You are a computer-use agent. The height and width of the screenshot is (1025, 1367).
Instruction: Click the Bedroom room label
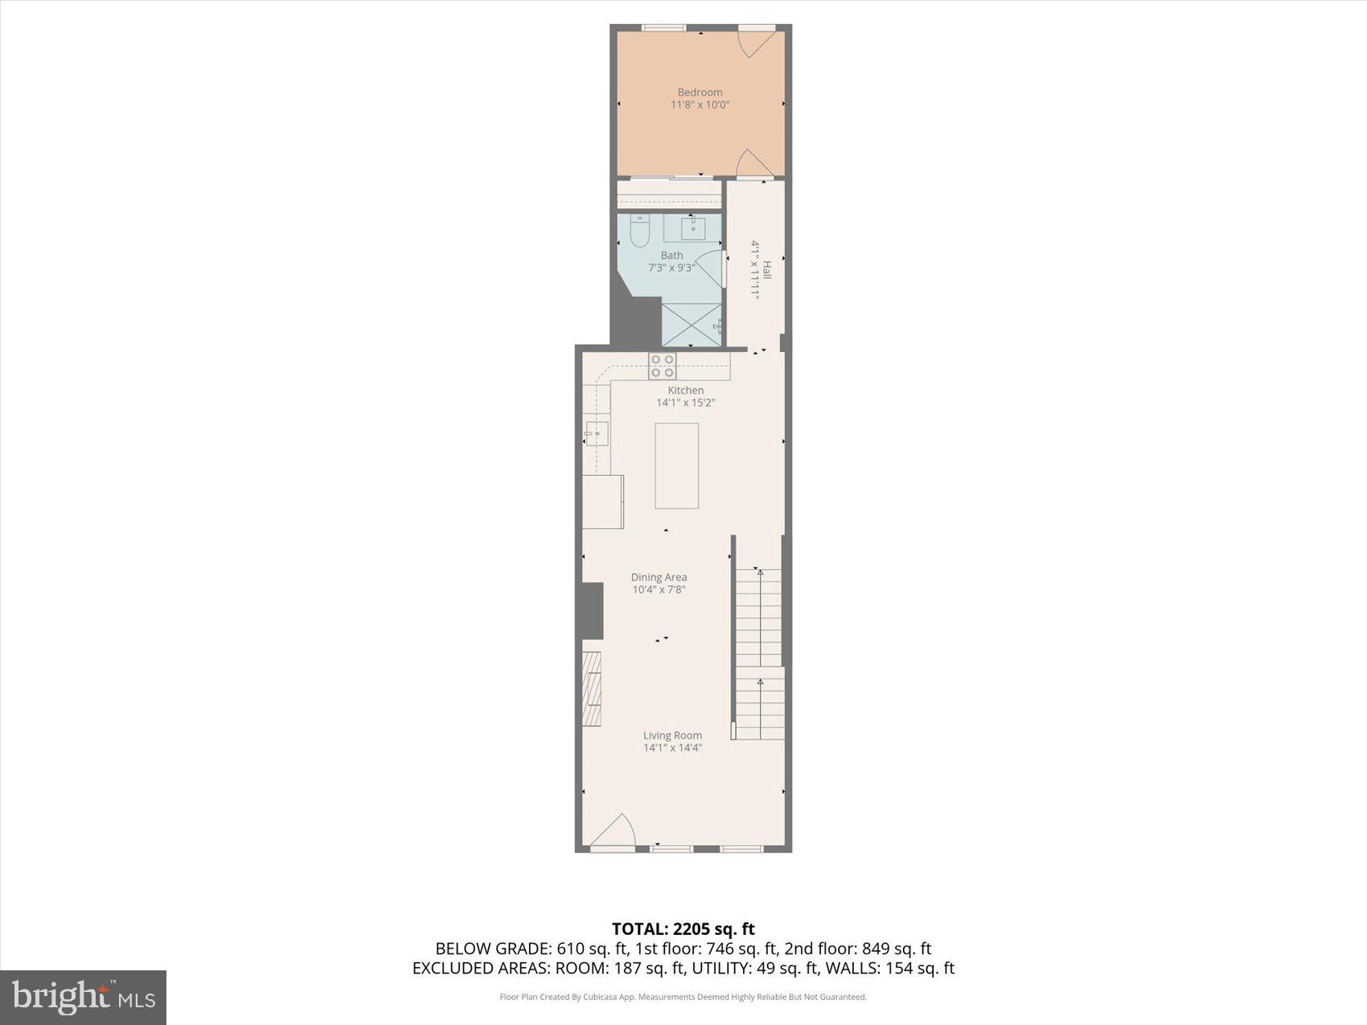click(x=700, y=92)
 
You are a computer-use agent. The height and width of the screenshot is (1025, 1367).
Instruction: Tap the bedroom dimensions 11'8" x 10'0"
click(x=700, y=105)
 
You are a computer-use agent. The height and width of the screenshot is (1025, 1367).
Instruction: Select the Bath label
click(x=671, y=256)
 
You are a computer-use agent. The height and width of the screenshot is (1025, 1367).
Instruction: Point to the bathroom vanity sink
click(x=693, y=228)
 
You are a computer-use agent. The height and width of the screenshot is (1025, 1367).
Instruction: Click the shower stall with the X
click(x=691, y=325)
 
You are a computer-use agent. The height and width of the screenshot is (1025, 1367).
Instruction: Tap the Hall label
click(x=767, y=269)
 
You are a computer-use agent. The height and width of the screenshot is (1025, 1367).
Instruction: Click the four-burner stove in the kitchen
click(x=663, y=366)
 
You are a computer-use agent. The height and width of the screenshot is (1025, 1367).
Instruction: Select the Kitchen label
click(x=685, y=391)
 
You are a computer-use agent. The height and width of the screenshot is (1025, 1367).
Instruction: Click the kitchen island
click(x=676, y=465)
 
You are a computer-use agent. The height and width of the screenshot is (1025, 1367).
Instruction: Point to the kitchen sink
click(x=597, y=433)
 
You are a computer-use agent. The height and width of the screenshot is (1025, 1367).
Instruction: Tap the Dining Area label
click(x=659, y=577)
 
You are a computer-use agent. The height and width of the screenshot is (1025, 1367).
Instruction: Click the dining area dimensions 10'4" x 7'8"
click(x=659, y=589)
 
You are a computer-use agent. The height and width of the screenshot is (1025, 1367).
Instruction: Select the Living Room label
click(x=672, y=736)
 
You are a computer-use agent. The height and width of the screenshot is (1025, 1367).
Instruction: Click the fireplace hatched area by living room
click(x=592, y=688)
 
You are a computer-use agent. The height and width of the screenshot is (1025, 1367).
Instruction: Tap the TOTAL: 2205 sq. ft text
click(x=683, y=929)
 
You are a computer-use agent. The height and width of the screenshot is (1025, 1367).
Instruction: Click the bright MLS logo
click(x=84, y=998)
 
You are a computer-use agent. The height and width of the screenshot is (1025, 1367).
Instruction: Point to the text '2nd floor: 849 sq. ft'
click(x=857, y=949)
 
